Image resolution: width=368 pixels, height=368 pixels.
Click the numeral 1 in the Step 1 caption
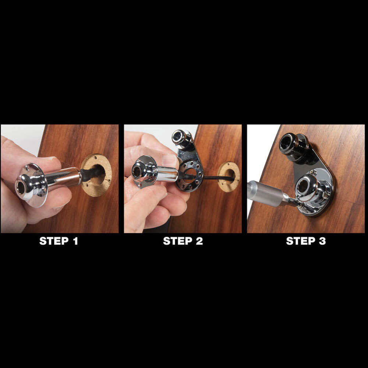click(x=75, y=241)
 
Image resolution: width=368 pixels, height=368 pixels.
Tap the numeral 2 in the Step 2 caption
click(x=199, y=241)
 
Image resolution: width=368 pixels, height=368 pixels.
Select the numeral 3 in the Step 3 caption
click(x=322, y=241)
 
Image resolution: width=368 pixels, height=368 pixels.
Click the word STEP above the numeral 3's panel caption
click(x=300, y=241)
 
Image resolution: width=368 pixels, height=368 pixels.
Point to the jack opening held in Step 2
click(x=137, y=172)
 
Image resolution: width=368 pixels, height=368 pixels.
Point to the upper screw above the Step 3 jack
click(x=312, y=173)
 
